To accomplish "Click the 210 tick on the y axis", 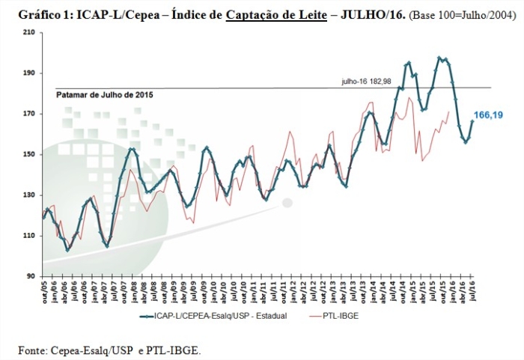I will tap(29, 32).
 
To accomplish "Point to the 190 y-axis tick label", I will tap(29, 73).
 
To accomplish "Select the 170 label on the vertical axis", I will tap(29, 114).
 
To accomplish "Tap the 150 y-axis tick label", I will tap(29, 154).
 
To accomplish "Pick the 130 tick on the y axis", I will tap(29, 195).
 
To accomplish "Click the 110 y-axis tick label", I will tap(29, 236).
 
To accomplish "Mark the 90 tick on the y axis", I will tap(31, 276).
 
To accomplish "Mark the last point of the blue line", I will tap(472, 121).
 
